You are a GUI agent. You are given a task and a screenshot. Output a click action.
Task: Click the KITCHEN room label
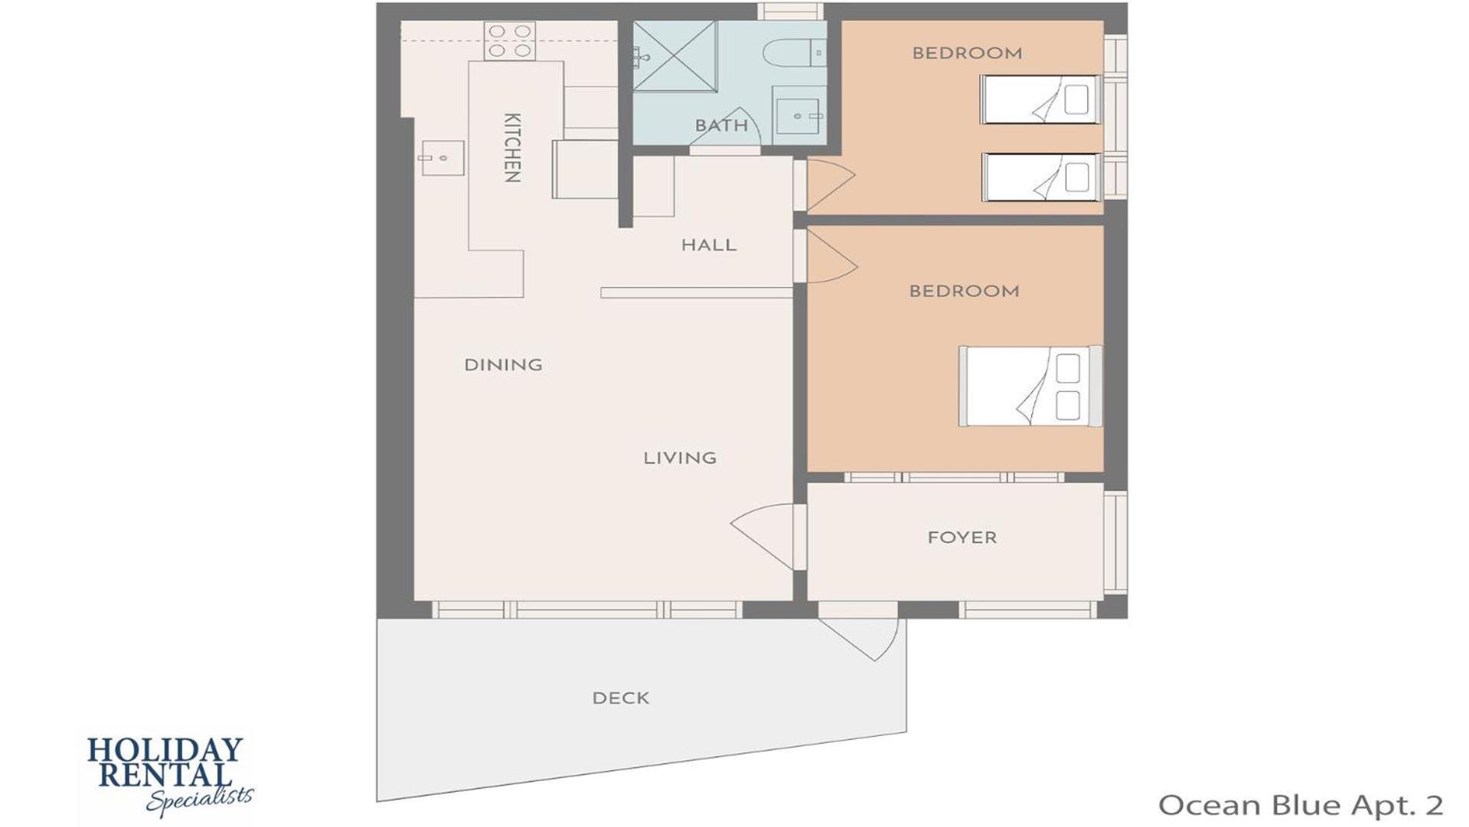point(512,148)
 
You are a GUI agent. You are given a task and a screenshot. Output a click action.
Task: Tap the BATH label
point(721,126)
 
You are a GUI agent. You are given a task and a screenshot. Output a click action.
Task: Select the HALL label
point(709,245)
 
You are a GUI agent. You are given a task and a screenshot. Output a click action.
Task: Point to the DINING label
point(503,364)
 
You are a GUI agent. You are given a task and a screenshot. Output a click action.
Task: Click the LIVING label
point(680,458)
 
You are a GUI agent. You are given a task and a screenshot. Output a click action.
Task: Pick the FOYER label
point(962,538)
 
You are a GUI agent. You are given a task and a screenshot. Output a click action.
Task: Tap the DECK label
point(621,698)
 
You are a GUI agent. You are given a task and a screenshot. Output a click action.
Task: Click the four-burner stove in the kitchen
point(510,41)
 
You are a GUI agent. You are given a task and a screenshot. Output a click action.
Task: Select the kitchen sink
point(442,158)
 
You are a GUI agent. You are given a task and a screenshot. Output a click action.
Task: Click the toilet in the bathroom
point(793,53)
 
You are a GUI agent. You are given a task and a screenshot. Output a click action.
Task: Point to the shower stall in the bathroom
point(674,56)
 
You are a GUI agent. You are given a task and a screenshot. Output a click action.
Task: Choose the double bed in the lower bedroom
point(1030,386)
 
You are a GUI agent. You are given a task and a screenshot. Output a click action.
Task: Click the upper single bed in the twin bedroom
point(1041,100)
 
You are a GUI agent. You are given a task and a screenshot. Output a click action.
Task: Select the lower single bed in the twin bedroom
point(1041,178)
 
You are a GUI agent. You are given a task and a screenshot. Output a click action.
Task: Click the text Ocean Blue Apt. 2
point(1301,805)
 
